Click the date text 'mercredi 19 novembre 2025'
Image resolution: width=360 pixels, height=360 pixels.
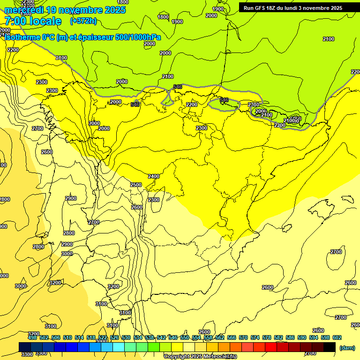(65, 10)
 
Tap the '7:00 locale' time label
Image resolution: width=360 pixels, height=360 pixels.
(33, 21)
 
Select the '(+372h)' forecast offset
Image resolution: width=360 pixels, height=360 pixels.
(83, 21)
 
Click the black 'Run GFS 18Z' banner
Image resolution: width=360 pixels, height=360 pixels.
(292, 8)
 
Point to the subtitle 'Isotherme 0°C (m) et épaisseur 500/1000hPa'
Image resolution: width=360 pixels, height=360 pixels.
(82, 37)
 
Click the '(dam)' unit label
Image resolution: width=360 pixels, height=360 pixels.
(347, 347)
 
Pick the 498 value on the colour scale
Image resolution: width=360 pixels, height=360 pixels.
(32, 337)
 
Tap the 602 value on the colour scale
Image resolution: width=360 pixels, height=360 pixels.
(337, 337)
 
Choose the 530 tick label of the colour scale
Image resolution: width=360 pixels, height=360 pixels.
(126, 337)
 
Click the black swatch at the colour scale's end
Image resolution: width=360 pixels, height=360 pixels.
(330, 347)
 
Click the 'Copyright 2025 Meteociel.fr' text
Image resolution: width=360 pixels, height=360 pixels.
(200, 356)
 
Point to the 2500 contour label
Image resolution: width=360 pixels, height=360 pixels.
(136, 185)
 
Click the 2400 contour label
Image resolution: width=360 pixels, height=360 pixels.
(154, 176)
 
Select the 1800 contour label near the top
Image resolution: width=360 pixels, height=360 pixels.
(163, 17)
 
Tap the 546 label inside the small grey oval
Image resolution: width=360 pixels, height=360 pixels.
(224, 100)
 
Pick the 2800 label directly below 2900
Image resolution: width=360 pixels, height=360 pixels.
(69, 233)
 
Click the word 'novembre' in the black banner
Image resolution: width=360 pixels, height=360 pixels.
(317, 8)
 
